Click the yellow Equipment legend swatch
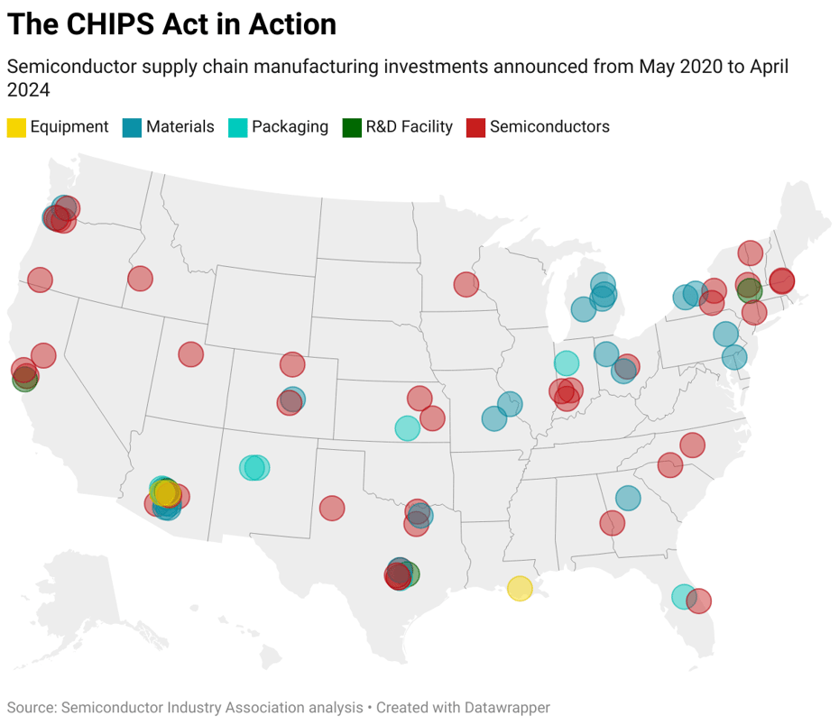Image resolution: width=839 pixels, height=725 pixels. [x=16, y=127]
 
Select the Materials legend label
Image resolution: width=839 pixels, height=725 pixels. [x=180, y=127]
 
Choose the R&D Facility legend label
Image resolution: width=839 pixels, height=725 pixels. [x=409, y=127]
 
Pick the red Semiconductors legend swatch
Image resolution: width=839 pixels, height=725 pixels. [x=475, y=127]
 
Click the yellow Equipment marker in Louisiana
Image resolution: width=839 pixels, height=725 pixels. [x=520, y=589]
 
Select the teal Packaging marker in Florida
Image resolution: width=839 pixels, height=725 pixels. [x=684, y=596]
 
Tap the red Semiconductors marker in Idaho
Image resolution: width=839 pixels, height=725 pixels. [x=140, y=278]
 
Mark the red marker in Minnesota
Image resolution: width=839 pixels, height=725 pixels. [x=466, y=285]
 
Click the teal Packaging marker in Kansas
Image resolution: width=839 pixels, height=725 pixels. [x=407, y=428]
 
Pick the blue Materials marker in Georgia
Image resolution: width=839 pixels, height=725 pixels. [x=628, y=498]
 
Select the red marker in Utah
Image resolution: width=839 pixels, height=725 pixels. [x=190, y=354]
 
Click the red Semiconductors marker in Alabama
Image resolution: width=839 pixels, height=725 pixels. [x=612, y=522]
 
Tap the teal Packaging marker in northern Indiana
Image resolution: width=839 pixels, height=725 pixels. [x=566, y=363]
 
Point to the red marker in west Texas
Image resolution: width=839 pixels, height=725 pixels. [x=332, y=509]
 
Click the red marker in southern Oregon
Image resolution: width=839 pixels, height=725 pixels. [x=40, y=280]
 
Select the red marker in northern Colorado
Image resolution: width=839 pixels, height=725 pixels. [x=292, y=364]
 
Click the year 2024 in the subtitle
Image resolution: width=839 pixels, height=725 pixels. [x=28, y=90]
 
